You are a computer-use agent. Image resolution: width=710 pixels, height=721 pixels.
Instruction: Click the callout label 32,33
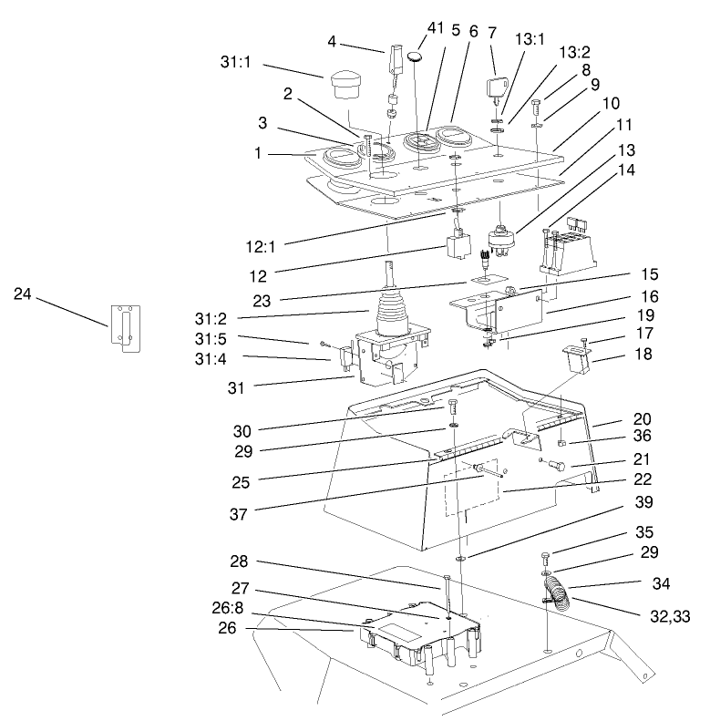point(669,617)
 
